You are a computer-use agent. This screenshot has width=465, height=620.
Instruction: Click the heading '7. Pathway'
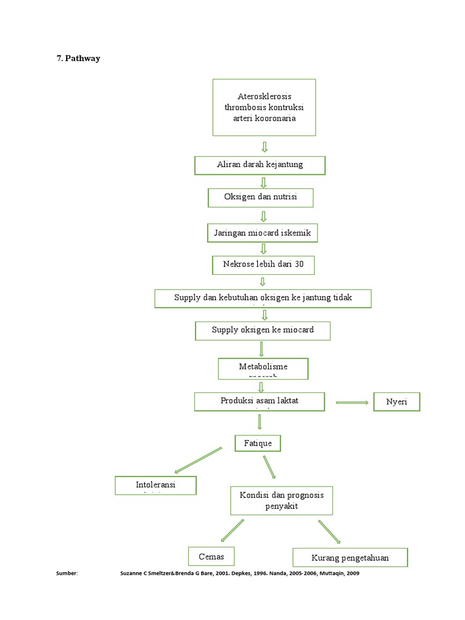click(78, 59)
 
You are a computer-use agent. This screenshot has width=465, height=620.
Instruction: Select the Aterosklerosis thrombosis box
click(264, 107)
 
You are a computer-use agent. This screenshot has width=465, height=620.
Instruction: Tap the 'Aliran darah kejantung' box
click(260, 165)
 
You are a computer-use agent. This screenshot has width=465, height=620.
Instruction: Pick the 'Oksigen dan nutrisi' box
click(261, 197)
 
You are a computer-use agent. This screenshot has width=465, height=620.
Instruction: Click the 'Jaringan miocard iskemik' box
click(262, 232)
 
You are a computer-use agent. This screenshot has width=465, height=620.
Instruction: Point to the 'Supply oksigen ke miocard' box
click(263, 331)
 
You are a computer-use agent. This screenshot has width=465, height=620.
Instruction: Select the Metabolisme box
click(263, 368)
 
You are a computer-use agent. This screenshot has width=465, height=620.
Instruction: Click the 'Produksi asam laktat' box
click(259, 401)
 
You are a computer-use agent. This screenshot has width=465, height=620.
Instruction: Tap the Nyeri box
click(397, 402)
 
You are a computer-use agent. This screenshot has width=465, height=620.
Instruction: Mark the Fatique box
click(258, 443)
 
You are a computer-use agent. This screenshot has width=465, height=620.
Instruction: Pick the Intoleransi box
click(156, 486)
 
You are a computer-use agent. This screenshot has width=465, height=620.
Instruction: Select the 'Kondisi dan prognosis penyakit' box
click(282, 500)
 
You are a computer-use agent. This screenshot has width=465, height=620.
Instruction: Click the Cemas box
click(211, 556)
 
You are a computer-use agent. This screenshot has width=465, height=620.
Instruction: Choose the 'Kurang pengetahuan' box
click(350, 558)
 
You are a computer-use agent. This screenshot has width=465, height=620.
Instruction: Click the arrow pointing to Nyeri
click(352, 402)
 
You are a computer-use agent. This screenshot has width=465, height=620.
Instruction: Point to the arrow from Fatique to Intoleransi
click(198, 460)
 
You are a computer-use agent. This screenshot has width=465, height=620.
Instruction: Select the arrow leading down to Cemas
click(232, 531)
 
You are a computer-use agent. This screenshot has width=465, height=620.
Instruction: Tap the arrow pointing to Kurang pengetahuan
click(329, 532)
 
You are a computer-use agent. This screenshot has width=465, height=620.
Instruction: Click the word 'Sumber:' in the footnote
click(67, 573)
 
